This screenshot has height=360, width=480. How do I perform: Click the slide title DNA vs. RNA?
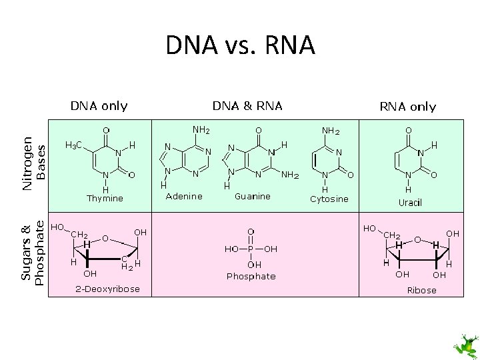click(x=240, y=46)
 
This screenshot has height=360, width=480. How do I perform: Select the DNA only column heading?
click(x=99, y=105)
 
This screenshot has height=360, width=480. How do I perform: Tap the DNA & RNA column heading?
click(x=247, y=105)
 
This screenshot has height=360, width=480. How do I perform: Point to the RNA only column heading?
click(x=407, y=106)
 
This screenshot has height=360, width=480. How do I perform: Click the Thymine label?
click(x=105, y=198)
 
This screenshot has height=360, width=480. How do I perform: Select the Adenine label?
click(x=184, y=196)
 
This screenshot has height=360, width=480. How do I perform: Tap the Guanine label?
click(x=253, y=196)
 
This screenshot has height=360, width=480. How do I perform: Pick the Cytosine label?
click(x=329, y=199)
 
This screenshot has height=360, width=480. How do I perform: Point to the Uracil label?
click(x=410, y=202)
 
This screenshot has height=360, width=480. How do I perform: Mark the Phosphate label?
click(x=251, y=276)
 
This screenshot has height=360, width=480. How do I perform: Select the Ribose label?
click(x=421, y=290)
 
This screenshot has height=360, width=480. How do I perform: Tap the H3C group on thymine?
click(x=73, y=145)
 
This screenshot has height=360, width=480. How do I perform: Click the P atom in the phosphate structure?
click(x=251, y=249)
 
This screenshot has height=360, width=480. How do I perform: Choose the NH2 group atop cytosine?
click(x=330, y=131)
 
